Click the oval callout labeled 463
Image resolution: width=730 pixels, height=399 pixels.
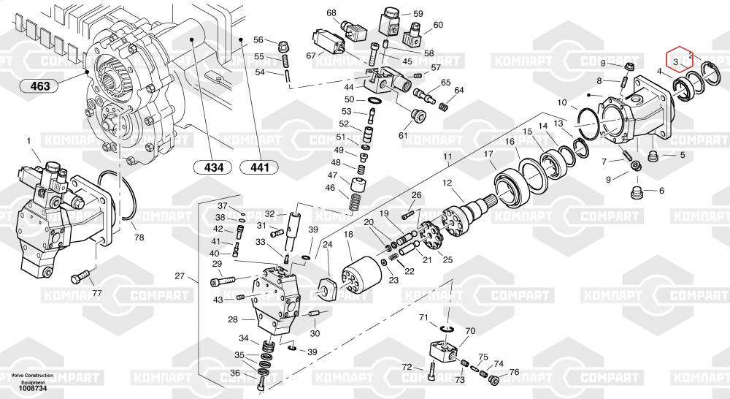pyautogui.click(x=40, y=87)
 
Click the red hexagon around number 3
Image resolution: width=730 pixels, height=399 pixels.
pyautogui.click(x=677, y=61)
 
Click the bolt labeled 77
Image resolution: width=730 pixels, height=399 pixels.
pyautogui.click(x=80, y=278)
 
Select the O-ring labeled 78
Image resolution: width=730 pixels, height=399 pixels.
pyautogui.click(x=121, y=197)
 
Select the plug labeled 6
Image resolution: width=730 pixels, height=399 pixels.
pyautogui.click(x=639, y=194)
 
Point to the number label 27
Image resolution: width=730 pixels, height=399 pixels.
pyautogui.click(x=180, y=276)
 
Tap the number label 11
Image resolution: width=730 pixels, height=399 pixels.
pyautogui.click(x=447, y=157)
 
